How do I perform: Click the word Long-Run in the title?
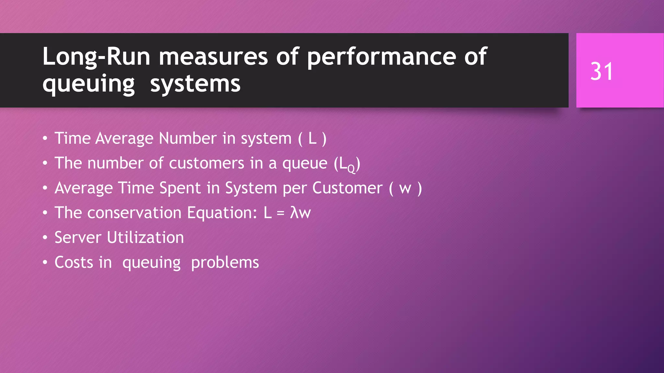pyautogui.click(x=96, y=57)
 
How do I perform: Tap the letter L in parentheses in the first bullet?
pyautogui.click(x=312, y=138)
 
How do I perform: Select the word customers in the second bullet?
pyautogui.click(x=207, y=163)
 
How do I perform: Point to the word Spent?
pyautogui.click(x=180, y=188)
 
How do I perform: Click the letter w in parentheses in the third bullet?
pyautogui.click(x=405, y=188)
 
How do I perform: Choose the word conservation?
pyautogui.click(x=134, y=213)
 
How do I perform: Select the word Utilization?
pyautogui.click(x=145, y=237)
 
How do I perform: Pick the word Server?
pyautogui.click(x=78, y=237)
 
